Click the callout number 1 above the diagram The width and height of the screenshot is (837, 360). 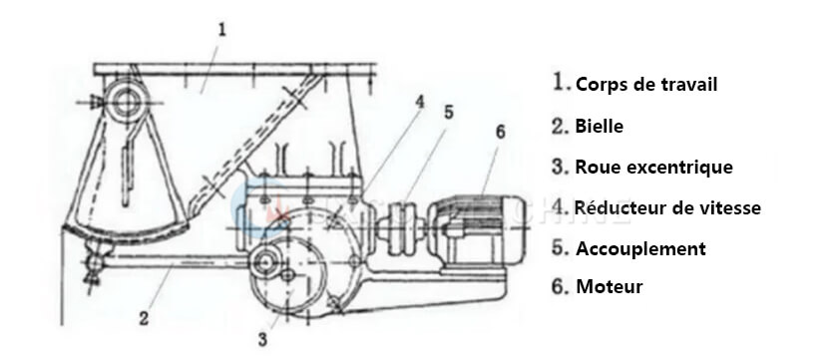(x=221, y=30)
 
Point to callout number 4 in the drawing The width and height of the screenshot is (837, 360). (x=420, y=101)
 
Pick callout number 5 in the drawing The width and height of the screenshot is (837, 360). (x=448, y=113)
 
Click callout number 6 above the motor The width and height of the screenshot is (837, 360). (x=499, y=131)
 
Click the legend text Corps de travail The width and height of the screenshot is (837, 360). (x=645, y=84)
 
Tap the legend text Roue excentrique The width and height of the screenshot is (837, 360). (x=653, y=168)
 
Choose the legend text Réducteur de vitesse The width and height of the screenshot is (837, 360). (x=667, y=208)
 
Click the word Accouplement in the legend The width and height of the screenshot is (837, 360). (x=639, y=249)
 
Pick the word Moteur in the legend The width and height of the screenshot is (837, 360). (x=609, y=287)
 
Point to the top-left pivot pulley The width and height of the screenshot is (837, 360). (x=127, y=100)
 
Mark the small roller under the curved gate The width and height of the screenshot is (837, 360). (x=95, y=261)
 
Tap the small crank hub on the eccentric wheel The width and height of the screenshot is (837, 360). (x=264, y=263)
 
